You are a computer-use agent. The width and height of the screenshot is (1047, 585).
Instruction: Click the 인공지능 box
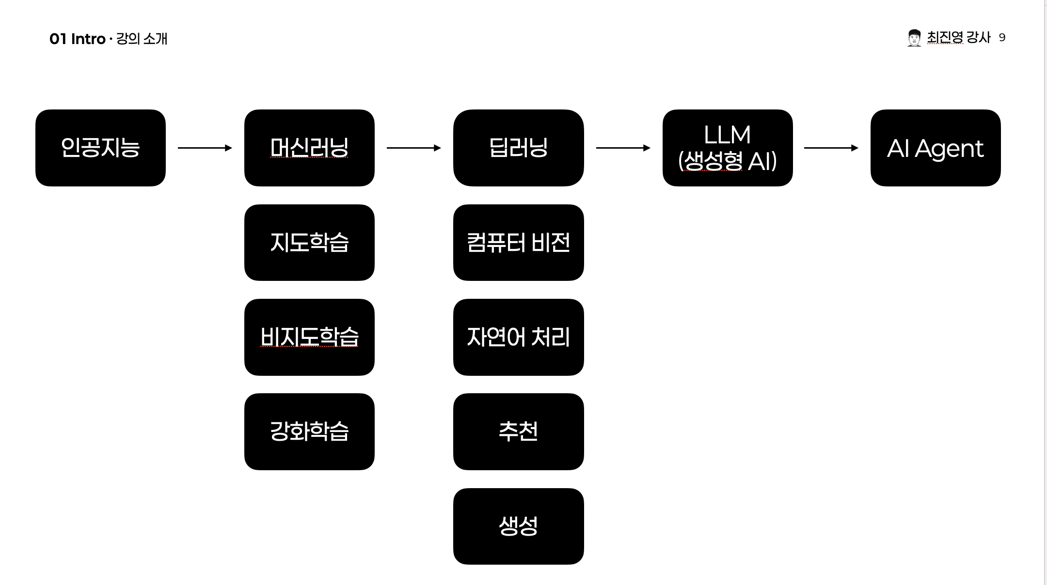[100, 148]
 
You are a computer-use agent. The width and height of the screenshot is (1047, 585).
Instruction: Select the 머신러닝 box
[309, 148]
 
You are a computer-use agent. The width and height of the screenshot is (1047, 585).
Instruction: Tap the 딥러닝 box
[518, 148]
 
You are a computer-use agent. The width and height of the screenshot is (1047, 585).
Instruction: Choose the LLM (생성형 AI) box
[727, 148]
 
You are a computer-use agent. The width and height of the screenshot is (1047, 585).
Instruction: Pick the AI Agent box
[936, 148]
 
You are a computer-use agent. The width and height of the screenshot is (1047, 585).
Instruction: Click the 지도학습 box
[309, 242]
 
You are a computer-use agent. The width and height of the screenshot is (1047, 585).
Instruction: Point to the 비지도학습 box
[309, 337]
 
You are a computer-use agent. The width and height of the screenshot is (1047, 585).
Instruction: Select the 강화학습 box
[309, 431]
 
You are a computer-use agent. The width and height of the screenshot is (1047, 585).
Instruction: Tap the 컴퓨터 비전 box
[518, 242]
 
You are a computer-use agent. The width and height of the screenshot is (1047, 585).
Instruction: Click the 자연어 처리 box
[518, 337]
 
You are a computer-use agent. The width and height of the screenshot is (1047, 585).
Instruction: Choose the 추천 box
[518, 431]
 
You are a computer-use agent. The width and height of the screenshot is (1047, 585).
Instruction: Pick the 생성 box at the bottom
[518, 526]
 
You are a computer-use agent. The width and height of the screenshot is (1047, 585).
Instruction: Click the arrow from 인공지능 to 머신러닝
[205, 148]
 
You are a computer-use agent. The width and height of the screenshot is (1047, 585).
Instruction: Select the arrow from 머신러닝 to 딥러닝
[413, 148]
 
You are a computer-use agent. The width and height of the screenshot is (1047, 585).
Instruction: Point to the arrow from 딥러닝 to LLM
[623, 148]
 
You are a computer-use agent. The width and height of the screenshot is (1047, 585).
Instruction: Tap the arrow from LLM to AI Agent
[831, 148]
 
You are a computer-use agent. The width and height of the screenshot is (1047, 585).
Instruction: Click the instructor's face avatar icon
[914, 38]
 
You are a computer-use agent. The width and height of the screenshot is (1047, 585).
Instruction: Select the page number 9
[1002, 38]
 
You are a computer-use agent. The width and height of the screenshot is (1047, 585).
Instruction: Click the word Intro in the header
[88, 39]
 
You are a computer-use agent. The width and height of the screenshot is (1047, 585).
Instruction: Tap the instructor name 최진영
[945, 37]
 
